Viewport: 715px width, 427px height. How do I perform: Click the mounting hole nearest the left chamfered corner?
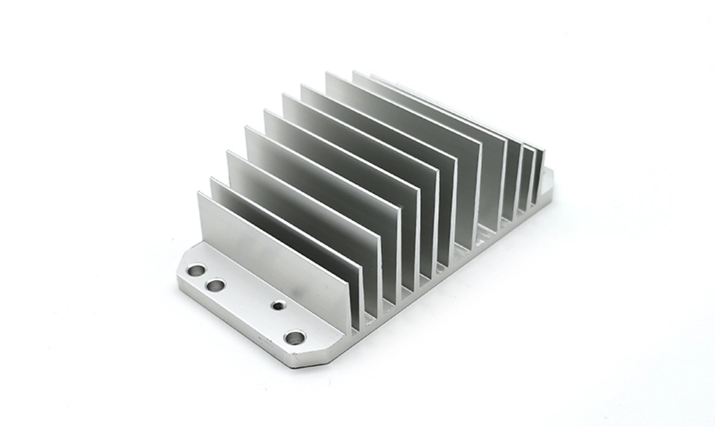195,271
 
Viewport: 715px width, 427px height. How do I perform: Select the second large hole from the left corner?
215,286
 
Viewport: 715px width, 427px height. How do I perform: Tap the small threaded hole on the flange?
278,306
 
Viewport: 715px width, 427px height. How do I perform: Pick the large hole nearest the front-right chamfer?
294,338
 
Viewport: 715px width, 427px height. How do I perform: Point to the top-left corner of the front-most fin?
199,193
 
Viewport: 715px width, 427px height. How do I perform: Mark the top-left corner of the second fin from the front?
211,178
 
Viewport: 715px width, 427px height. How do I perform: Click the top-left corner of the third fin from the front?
228,152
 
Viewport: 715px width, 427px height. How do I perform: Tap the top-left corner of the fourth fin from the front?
245,128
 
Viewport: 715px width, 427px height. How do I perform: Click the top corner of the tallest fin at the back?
327,73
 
